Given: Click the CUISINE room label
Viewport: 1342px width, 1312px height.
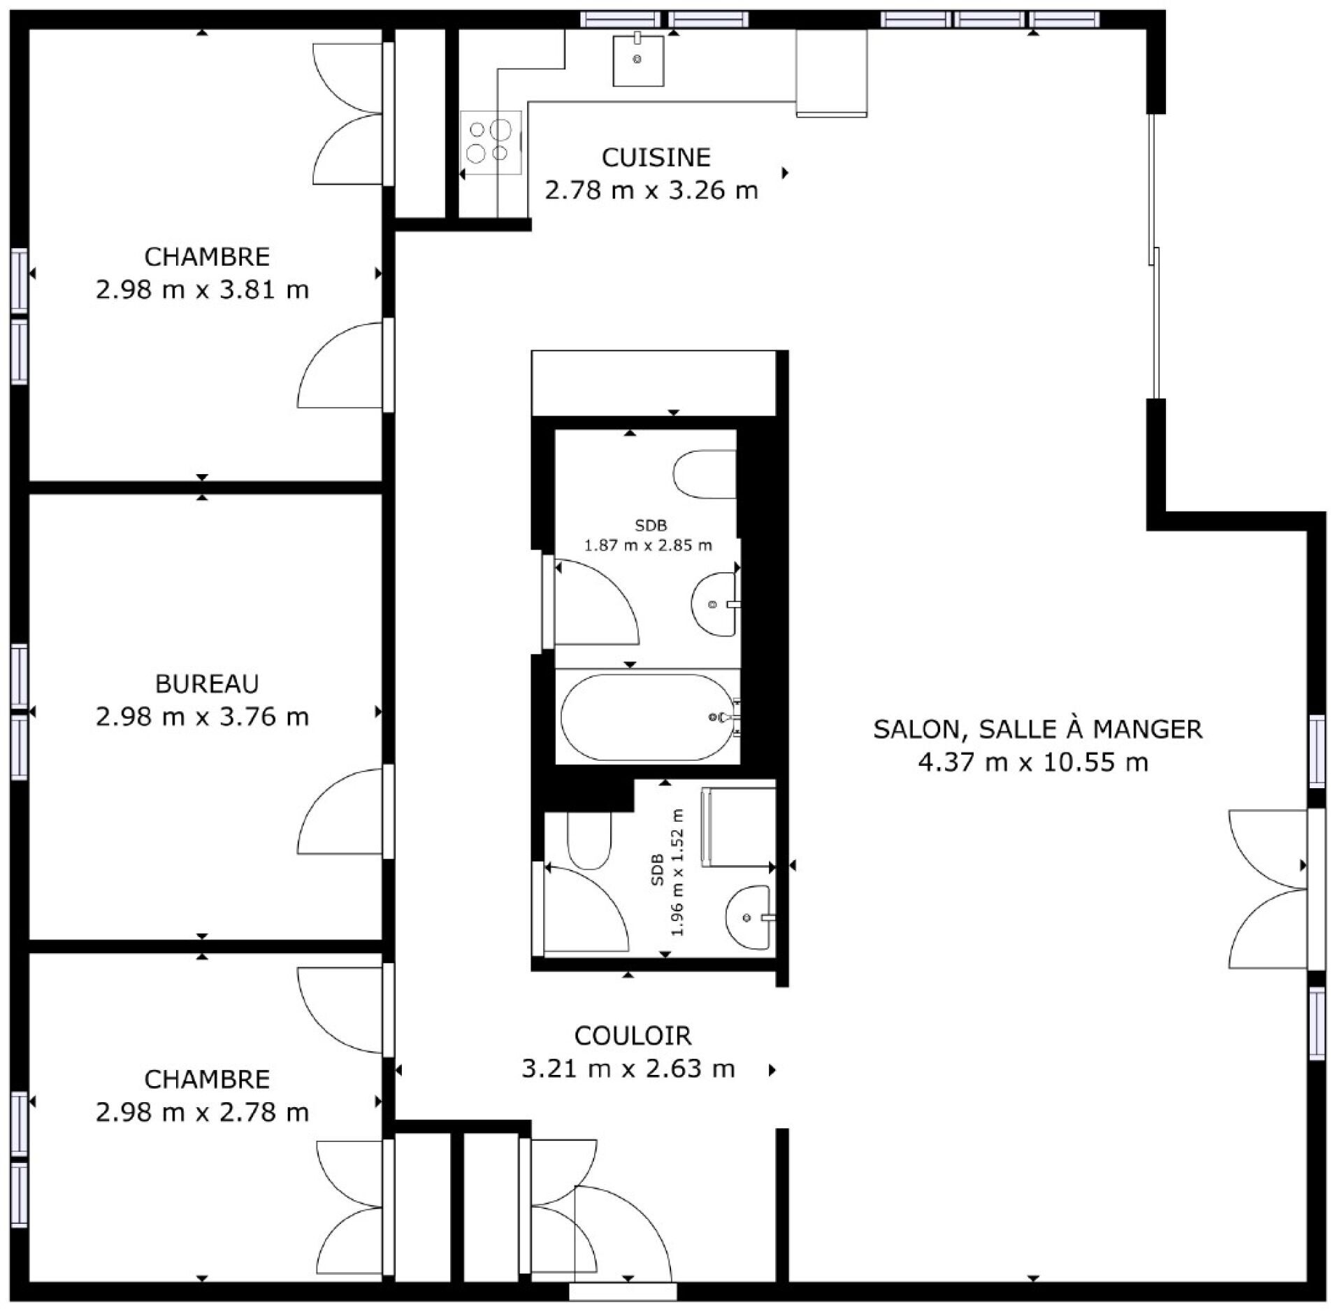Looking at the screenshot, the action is click(656, 157).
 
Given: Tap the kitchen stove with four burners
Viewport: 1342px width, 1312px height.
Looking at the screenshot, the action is click(491, 142).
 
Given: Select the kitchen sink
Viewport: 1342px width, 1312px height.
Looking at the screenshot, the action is click(638, 61).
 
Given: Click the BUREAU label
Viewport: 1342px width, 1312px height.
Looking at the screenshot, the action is click(207, 683).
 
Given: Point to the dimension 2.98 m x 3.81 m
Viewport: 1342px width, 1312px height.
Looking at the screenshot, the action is click(202, 289).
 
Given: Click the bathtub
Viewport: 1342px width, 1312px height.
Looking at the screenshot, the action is click(649, 717).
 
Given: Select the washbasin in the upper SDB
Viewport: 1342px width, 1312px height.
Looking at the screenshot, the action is click(714, 604).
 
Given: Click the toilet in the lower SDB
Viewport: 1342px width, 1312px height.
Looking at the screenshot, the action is click(589, 840).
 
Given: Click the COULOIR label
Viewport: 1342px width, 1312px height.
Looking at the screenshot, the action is click(633, 1035).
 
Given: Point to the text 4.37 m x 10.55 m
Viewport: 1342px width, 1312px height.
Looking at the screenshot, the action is click(1033, 762).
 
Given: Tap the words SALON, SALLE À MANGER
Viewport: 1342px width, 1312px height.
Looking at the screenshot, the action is click(1037, 729).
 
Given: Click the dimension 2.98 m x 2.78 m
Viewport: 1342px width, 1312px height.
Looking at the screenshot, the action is click(202, 1112).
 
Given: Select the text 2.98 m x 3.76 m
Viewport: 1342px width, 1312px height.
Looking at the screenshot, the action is click(202, 717).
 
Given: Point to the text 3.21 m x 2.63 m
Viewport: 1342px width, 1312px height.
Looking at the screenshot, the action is click(628, 1069).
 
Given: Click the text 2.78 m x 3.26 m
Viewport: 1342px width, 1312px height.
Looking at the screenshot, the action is click(651, 190).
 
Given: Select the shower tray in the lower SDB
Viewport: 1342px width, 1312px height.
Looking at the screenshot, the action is click(739, 827).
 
